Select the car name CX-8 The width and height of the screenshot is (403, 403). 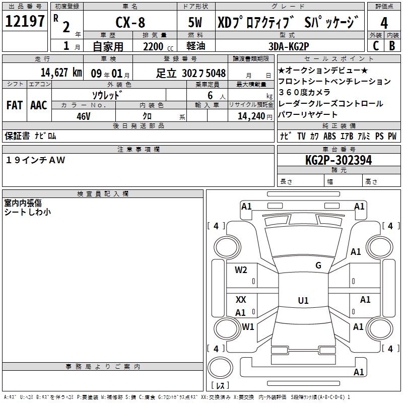129,23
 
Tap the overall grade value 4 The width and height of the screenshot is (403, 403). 384,23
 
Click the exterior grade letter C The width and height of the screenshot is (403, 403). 375,46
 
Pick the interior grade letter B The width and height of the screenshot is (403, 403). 392,46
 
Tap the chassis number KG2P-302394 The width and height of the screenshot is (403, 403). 339,160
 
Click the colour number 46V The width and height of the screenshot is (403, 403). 83,116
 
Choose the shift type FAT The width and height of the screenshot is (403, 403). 14,105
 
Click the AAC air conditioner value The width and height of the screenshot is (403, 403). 38,105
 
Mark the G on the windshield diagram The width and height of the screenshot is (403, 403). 318,265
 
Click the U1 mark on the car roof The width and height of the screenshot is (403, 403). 303,301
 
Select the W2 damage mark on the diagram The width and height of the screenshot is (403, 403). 241,270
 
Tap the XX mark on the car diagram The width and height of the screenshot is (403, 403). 241,300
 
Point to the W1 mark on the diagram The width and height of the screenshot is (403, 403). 248,326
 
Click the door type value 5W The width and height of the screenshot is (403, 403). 196,23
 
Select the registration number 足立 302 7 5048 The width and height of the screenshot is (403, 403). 191,73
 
